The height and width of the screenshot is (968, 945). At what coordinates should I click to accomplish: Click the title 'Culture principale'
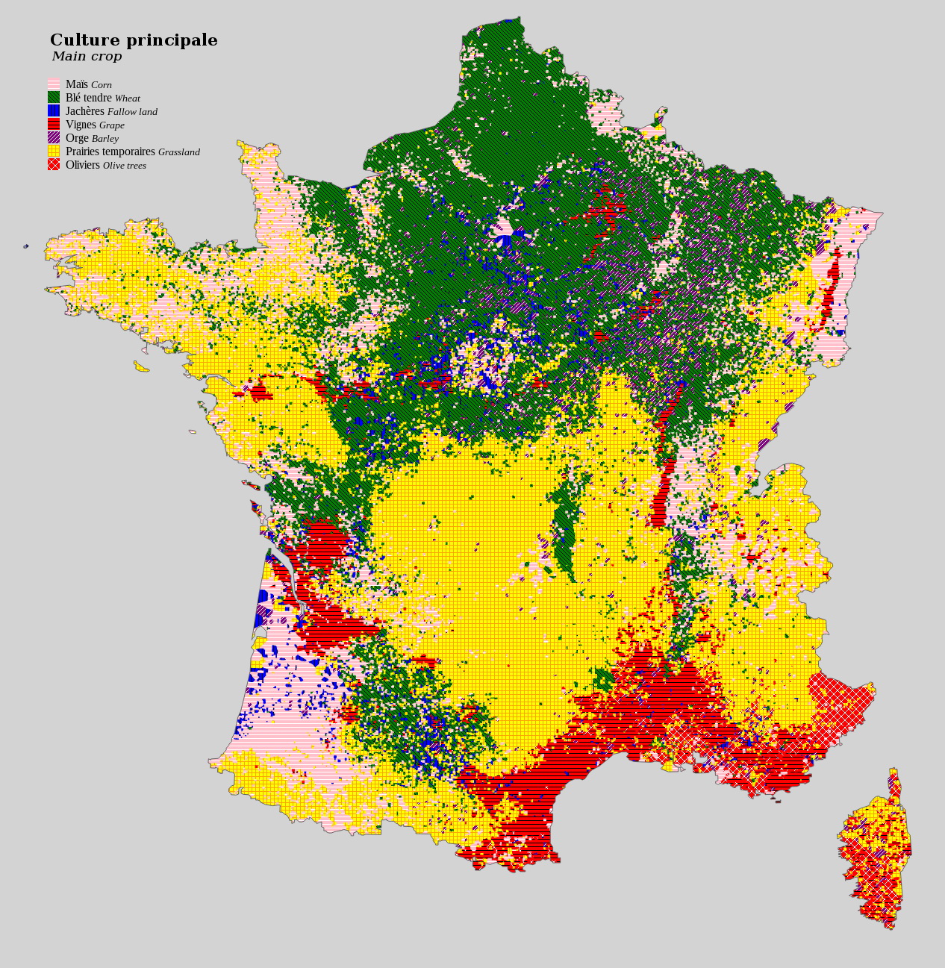point(134,40)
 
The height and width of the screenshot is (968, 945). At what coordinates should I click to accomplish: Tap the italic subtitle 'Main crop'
point(87,57)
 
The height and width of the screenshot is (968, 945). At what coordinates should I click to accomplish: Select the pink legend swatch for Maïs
point(54,84)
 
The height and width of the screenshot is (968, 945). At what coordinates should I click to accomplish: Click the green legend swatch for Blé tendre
point(54,98)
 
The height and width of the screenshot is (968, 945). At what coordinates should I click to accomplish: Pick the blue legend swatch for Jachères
point(54,111)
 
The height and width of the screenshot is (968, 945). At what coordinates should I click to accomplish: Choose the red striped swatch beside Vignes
point(54,125)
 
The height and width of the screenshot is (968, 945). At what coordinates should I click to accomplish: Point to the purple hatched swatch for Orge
point(54,138)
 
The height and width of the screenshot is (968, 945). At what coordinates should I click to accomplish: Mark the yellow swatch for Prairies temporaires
point(54,152)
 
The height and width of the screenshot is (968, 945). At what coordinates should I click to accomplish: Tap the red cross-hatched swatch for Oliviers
point(54,165)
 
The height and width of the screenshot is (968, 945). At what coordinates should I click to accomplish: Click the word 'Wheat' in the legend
point(127,99)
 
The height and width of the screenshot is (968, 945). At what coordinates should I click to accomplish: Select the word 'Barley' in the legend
point(105,139)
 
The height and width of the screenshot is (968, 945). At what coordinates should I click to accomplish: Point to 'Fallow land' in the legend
point(132,112)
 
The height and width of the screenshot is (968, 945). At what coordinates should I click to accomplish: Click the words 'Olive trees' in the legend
point(125,166)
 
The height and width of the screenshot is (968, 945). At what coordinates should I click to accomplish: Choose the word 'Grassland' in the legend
point(179,152)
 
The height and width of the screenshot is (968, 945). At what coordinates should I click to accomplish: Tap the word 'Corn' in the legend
point(102,85)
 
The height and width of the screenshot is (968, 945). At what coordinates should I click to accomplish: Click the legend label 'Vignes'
point(81,125)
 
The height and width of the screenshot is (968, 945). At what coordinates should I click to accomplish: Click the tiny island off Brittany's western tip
point(26,246)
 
